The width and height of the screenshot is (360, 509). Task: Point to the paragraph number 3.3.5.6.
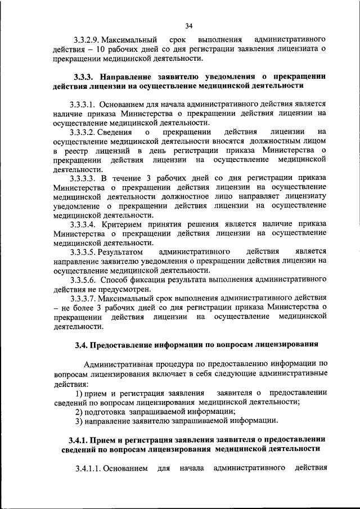85,279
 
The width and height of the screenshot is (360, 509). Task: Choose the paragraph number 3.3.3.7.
85,298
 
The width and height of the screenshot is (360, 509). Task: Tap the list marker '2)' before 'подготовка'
80,411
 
